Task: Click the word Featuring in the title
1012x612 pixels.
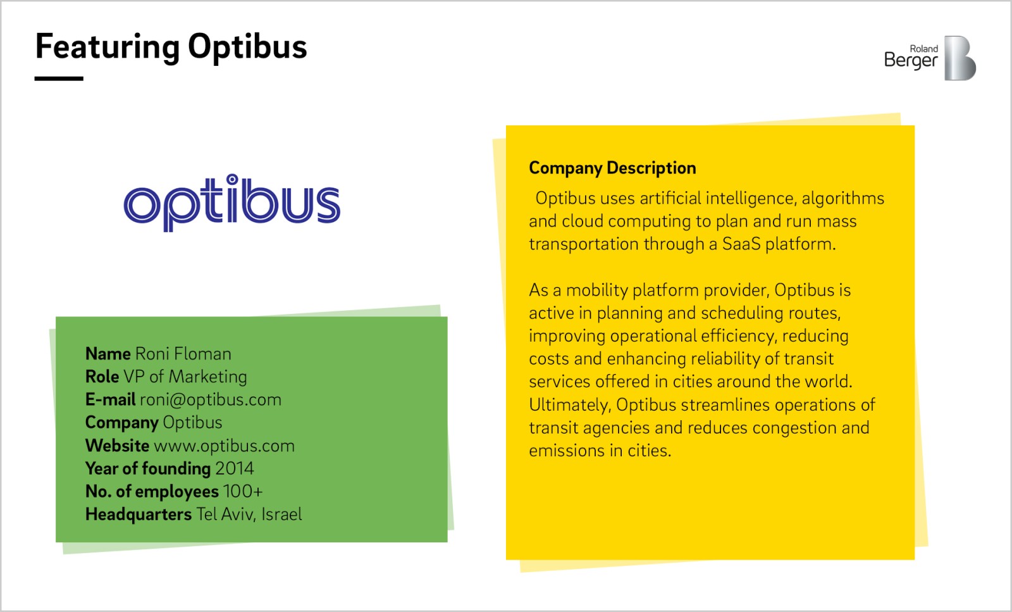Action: tap(108, 47)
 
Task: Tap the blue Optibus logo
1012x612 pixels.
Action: tap(231, 203)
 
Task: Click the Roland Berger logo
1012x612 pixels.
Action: tap(930, 58)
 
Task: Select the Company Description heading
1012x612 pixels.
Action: tap(612, 168)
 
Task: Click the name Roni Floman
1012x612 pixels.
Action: tap(183, 353)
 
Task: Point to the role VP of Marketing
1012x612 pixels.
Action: tap(185, 377)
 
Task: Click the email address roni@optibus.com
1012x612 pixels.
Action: tap(211, 399)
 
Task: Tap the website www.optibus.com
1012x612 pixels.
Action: tap(224, 446)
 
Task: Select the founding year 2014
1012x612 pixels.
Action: tap(235, 468)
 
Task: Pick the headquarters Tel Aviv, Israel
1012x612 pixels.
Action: tap(249, 515)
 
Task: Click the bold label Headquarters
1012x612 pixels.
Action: tap(139, 515)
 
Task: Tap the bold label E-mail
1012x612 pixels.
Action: tap(110, 399)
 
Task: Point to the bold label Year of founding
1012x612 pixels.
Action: tap(148, 469)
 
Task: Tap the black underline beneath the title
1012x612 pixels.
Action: tap(59, 78)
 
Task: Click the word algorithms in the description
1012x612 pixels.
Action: tap(843, 199)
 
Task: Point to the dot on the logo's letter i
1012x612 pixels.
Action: tap(231, 180)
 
